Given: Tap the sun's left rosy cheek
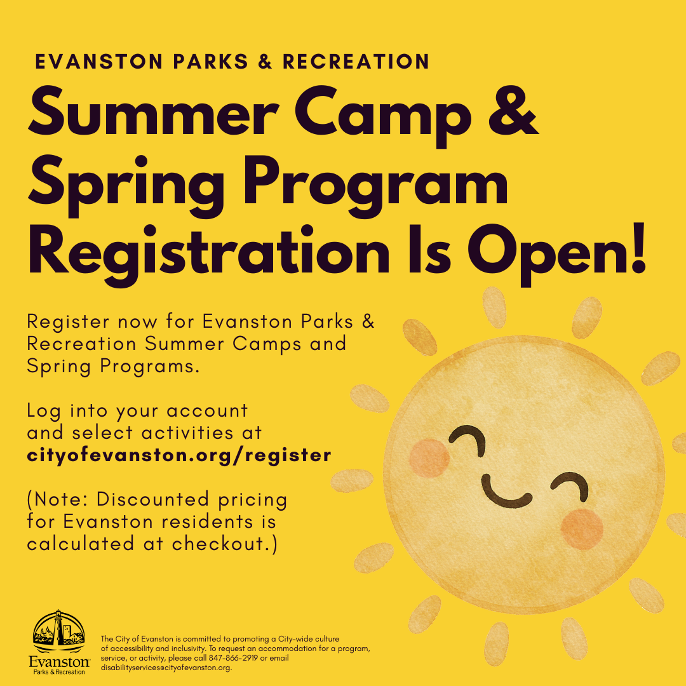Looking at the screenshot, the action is click(429, 458).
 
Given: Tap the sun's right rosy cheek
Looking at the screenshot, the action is click(582, 529).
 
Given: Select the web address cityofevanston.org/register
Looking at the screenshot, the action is click(179, 455).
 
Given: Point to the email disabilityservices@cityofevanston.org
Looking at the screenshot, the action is click(166, 668).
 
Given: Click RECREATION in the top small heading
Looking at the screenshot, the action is click(356, 62).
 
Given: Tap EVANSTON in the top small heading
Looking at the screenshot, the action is click(99, 62).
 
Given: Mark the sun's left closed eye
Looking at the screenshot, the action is click(467, 439).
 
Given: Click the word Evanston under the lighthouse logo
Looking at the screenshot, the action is click(59, 661).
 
